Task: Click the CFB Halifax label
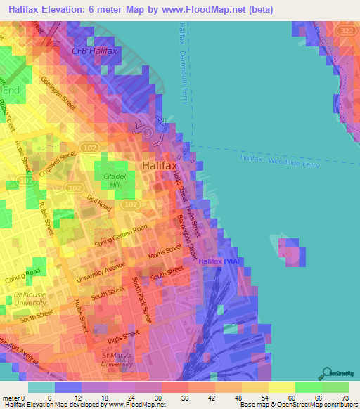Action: click(x=94, y=51)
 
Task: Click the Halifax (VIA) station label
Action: click(x=220, y=261)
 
